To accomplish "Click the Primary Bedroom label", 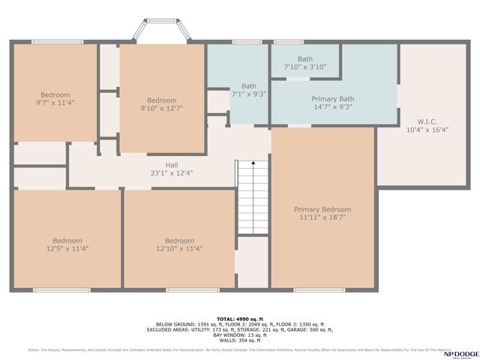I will [322, 209].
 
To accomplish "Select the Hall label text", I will [172, 165].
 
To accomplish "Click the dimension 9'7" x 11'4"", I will [55, 103].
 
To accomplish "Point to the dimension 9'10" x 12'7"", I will [162, 109].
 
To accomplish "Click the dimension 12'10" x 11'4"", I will [179, 249].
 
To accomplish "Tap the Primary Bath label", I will [333, 98].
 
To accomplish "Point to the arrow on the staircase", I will [253, 163].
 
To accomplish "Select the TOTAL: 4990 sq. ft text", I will [239, 319].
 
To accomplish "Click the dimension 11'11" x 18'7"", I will [322, 218].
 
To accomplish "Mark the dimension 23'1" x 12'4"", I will [172, 173].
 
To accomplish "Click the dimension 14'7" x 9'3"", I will [333, 106].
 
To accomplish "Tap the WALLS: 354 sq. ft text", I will [239, 340].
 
